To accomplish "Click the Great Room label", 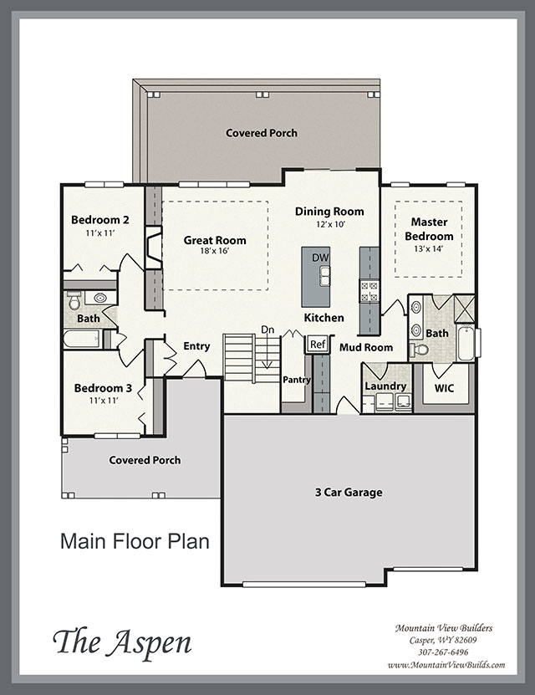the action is click(215, 240).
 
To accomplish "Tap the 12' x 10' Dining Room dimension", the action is click(330, 224).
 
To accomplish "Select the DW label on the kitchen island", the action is click(321, 258).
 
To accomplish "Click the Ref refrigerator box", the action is click(318, 344).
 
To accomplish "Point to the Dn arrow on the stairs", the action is click(267, 351).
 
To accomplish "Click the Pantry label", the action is click(297, 380).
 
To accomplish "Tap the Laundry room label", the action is click(385, 386).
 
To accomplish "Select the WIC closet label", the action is click(444, 388).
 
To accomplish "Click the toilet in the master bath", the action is click(419, 350).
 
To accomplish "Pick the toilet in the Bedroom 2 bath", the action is click(74, 300).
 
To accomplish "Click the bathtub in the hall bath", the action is click(83, 340).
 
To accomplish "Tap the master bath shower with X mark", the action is click(465, 308).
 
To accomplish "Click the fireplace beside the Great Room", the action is click(153, 248).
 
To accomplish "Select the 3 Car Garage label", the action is click(349, 493).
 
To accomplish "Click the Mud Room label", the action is click(366, 348).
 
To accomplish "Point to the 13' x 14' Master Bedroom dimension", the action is click(428, 248).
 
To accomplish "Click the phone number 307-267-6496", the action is click(443, 652).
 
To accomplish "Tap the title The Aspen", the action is click(123, 642).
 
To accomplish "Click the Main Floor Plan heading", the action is click(135, 542).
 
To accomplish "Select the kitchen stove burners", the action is click(369, 291).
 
